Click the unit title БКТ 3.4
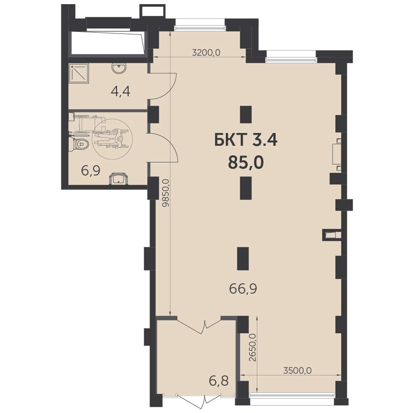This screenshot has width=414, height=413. (x=246, y=140)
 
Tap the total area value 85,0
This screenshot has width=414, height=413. (x=246, y=162)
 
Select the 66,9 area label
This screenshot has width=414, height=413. (x=243, y=289)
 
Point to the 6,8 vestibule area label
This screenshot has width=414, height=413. (x=219, y=381)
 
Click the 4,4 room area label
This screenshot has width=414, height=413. (x=120, y=91)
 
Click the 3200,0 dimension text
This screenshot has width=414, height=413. (x=206, y=53)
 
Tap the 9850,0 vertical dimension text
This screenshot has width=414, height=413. (x=166, y=193)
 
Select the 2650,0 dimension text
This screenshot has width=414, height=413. (x=253, y=348)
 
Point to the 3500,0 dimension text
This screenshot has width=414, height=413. (x=297, y=370)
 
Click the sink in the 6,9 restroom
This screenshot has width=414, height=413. (x=118, y=179)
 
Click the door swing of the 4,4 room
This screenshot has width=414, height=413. (x=163, y=86)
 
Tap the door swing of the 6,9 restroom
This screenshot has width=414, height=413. (x=164, y=147)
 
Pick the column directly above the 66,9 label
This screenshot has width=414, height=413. (x=243, y=258)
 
